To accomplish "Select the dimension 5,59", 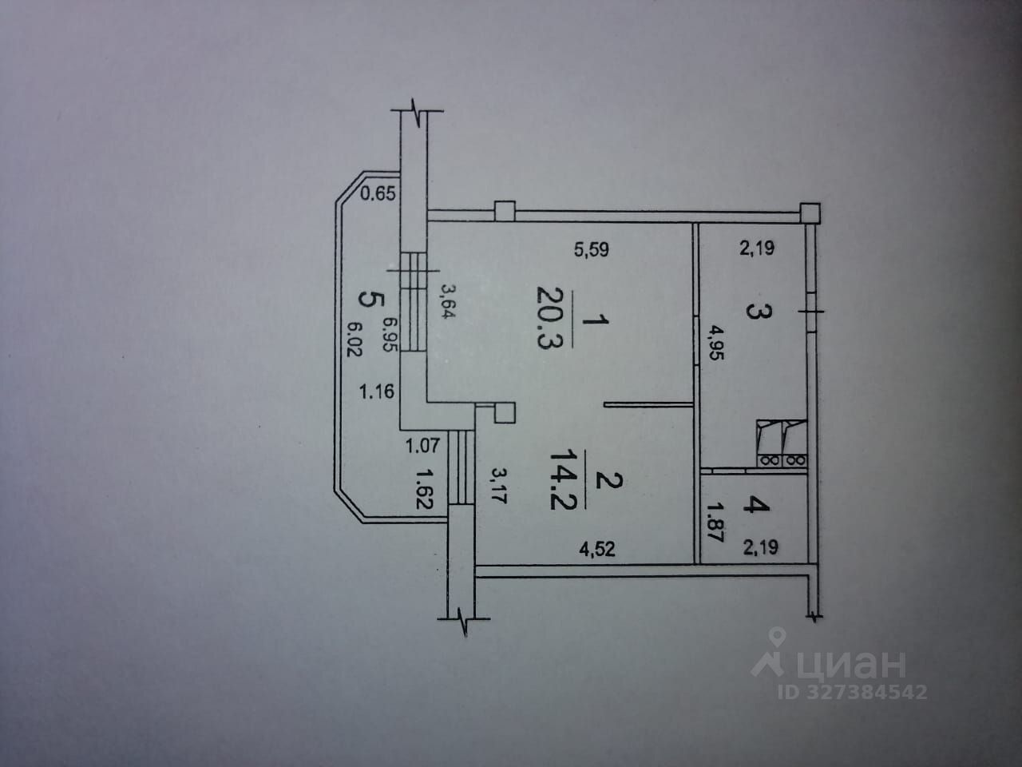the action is [x=592, y=250].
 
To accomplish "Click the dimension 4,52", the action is [x=598, y=549].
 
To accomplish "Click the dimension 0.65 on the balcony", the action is [x=378, y=193].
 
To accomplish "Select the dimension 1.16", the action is [x=378, y=392].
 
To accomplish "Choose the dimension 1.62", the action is [x=424, y=487].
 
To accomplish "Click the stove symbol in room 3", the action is [x=782, y=443].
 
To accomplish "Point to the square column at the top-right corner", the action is [x=810, y=213].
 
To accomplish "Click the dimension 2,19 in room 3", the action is [x=756, y=248].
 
